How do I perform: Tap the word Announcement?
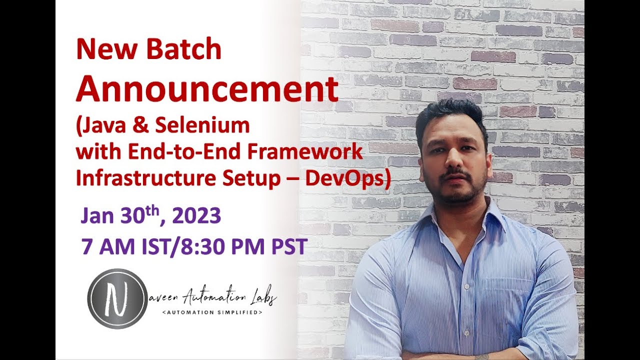point(207,89)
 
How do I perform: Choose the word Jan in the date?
point(98,216)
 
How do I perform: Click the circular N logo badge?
point(117,298)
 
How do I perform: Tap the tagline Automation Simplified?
point(212,312)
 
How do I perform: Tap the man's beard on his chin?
point(455,195)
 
